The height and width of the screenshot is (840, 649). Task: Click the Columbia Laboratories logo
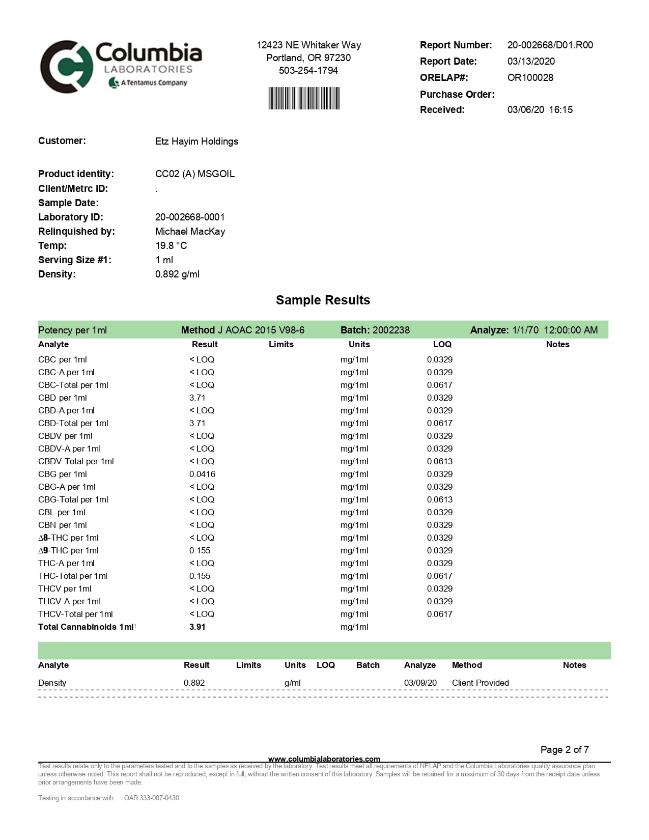point(121,67)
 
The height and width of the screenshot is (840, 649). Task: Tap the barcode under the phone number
point(303,98)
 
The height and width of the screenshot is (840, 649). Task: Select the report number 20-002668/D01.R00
point(550,45)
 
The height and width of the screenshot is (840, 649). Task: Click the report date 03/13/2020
point(531,61)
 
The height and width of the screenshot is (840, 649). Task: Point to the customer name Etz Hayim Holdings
point(196,141)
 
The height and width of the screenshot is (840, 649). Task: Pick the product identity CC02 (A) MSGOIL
point(195,174)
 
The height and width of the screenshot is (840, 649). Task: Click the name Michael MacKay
point(190,231)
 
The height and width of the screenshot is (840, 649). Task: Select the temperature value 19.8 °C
point(171,245)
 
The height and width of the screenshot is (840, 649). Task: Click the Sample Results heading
point(323,300)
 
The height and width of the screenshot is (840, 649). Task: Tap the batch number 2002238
point(391,330)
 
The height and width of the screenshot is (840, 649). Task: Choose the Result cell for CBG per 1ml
point(202,474)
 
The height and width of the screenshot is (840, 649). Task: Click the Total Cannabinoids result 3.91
point(197,627)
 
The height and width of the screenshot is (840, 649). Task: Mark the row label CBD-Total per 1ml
point(73,423)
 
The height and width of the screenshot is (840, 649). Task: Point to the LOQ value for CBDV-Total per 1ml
point(439,461)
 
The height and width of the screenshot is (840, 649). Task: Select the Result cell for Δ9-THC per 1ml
point(200,550)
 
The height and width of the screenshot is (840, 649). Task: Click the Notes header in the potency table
point(557,344)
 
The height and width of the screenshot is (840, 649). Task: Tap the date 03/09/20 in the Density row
point(420,683)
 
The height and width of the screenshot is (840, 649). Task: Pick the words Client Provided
point(480,683)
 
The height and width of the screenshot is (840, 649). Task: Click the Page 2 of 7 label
point(565,749)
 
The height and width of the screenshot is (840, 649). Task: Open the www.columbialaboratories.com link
point(324,759)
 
